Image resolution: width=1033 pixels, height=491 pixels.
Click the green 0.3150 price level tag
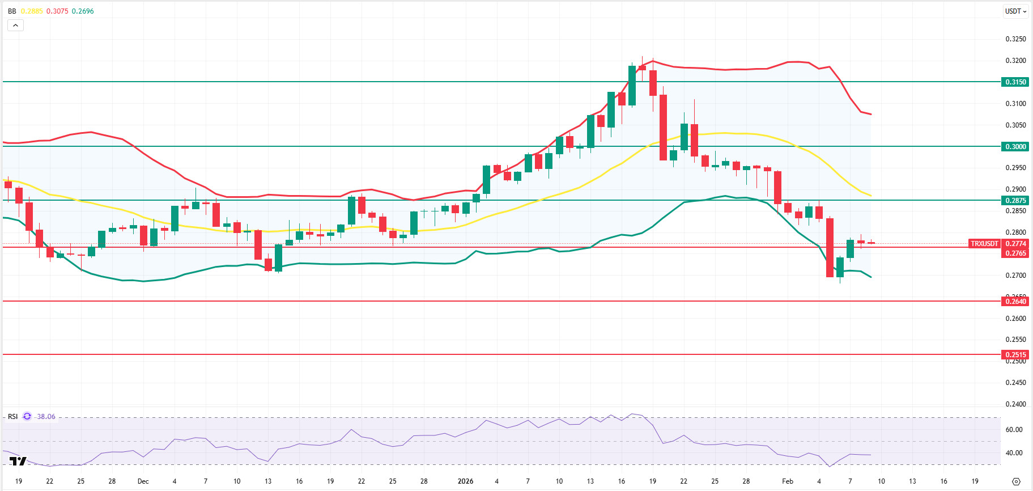pyautogui.click(x=1015, y=82)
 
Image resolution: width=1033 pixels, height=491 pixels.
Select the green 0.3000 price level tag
pyautogui.click(x=1015, y=147)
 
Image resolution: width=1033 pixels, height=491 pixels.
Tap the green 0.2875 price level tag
pyautogui.click(x=1015, y=201)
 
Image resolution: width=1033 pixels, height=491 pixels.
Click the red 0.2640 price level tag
pyautogui.click(x=1015, y=302)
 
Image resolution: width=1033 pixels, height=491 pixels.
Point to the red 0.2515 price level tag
pyautogui.click(x=1015, y=355)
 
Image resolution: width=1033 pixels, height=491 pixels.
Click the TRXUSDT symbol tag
pyautogui.click(x=984, y=244)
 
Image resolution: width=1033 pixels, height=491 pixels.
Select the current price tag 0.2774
pyautogui.click(x=1015, y=244)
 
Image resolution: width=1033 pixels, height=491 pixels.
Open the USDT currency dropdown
pyautogui.click(x=1015, y=11)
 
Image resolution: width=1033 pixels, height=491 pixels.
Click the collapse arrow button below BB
pyautogui.click(x=15, y=25)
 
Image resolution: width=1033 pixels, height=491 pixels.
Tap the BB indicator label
pyautogui.click(x=12, y=11)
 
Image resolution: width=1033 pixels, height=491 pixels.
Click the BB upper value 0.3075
pyautogui.click(x=57, y=11)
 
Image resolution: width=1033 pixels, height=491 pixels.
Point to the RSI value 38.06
pyautogui.click(x=46, y=417)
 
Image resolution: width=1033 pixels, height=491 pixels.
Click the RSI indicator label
pyautogui.click(x=12, y=417)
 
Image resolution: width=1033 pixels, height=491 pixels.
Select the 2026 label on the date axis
pyautogui.click(x=465, y=481)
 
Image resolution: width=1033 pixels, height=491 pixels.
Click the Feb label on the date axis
pyautogui.click(x=788, y=481)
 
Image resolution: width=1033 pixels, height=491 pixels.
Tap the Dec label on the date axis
pyautogui.click(x=143, y=481)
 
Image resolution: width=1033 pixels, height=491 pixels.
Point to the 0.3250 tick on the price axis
pyautogui.click(x=1015, y=39)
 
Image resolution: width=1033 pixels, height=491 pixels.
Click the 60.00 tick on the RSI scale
pyautogui.click(x=1014, y=430)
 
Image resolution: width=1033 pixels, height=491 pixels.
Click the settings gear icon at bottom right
pyautogui.click(x=1016, y=481)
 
